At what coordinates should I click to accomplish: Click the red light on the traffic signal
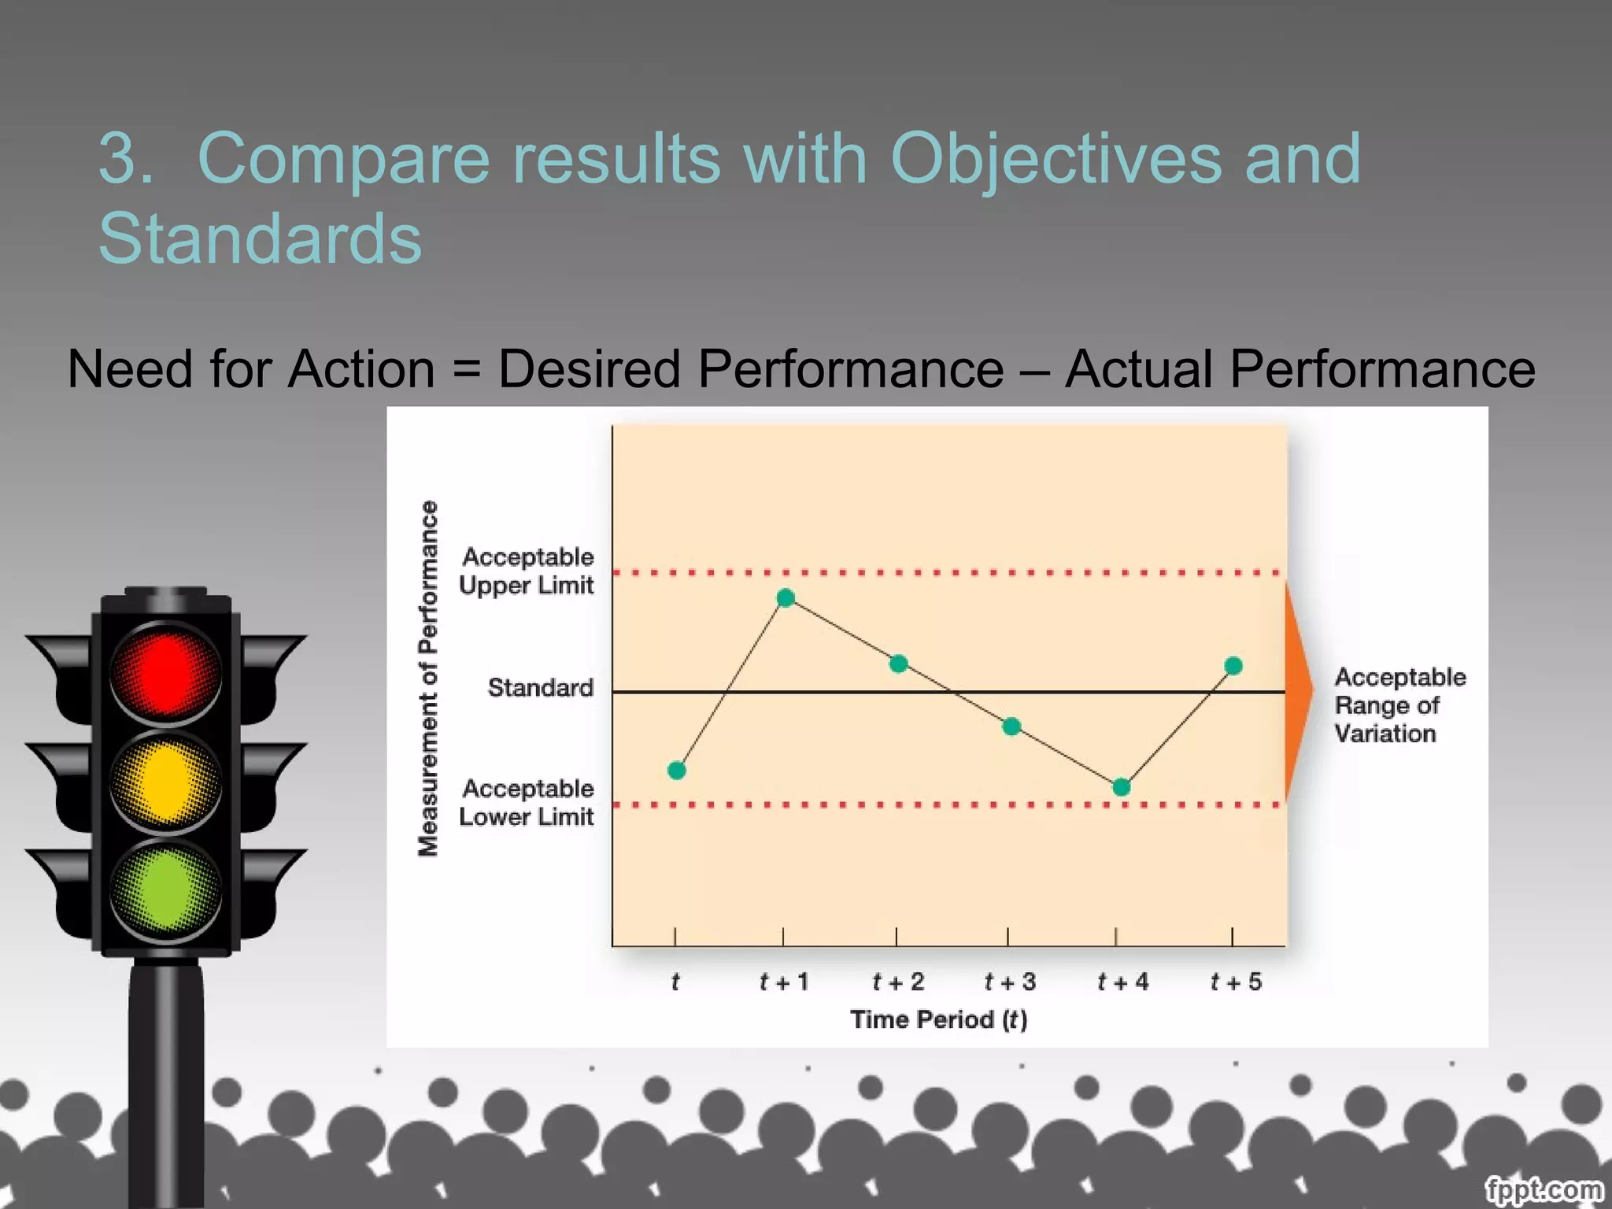point(165,671)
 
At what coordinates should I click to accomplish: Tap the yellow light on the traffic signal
point(165,782)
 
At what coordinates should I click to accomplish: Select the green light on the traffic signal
point(165,890)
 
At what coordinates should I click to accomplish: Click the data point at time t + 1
point(786,598)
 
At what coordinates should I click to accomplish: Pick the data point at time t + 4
point(1122,787)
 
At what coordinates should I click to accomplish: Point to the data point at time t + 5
point(1233,667)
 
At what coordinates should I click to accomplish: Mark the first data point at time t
point(676,771)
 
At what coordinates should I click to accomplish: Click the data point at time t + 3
point(1011,727)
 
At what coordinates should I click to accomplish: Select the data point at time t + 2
point(898,664)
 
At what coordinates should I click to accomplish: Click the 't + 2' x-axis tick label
point(898,982)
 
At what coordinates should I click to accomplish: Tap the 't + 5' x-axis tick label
point(1236,982)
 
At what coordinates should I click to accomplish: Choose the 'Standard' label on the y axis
point(541,688)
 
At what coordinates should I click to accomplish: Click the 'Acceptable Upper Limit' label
point(527,571)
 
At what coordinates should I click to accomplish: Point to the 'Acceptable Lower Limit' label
point(527,802)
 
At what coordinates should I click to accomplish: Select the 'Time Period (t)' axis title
point(939,1019)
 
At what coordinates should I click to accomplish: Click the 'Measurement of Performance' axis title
point(427,678)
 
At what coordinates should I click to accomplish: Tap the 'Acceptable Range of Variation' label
point(1399,705)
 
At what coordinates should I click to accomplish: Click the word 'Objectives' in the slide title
point(1055,159)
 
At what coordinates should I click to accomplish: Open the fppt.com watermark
point(1544,1189)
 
